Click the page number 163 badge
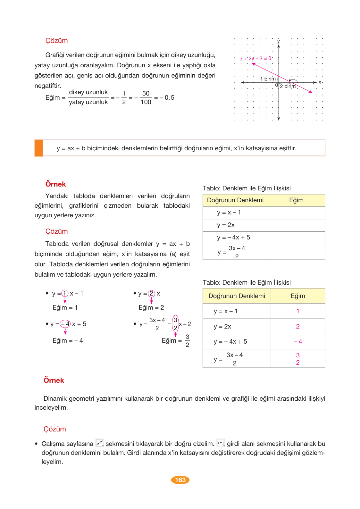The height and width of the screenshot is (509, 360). (x=180, y=480)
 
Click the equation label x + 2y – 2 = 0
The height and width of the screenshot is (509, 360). (x=256, y=58)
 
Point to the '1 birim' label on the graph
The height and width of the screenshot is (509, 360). (x=268, y=79)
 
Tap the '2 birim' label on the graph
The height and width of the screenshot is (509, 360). (x=288, y=86)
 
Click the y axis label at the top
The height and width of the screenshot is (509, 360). (x=279, y=41)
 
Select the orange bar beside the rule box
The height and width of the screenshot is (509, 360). (x=38, y=148)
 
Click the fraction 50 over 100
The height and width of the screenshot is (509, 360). (x=146, y=97)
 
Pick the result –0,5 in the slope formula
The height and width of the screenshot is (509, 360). (x=167, y=97)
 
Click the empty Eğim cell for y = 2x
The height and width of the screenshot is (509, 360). (x=296, y=225)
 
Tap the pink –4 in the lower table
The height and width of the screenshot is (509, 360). (x=297, y=342)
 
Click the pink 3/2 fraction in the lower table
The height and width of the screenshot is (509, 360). (x=298, y=359)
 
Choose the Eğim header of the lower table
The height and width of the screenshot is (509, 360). (x=298, y=296)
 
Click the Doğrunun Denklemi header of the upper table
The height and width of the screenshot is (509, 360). (x=235, y=200)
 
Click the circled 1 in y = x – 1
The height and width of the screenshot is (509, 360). (x=65, y=293)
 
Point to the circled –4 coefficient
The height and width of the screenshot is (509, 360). (x=65, y=324)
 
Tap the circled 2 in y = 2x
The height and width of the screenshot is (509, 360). (x=151, y=294)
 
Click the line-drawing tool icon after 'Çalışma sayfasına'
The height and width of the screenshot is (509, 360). (x=100, y=443)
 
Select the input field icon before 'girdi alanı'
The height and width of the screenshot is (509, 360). (x=221, y=443)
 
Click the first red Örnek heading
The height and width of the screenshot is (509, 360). (x=55, y=184)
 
